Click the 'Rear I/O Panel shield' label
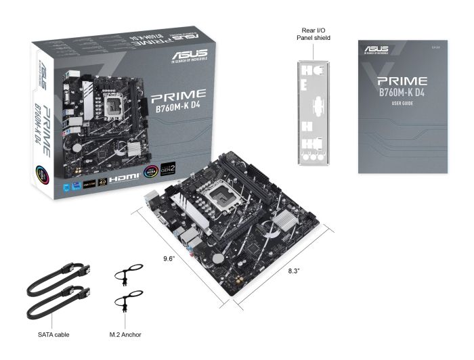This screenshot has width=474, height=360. click(x=313, y=34)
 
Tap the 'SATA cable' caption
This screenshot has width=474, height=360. click(x=53, y=334)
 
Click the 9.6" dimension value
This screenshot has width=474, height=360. click(x=169, y=258)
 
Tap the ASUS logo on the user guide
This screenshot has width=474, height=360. click(x=375, y=49)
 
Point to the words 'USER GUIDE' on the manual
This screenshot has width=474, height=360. click(x=402, y=104)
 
